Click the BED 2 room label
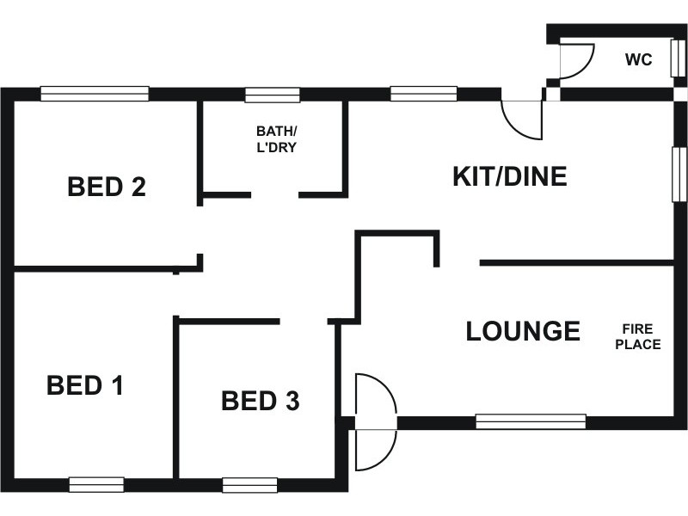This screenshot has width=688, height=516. point(107,187)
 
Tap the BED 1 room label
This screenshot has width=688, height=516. point(85,385)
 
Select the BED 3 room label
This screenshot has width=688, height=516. point(261,401)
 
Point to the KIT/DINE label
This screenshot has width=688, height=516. point(510,176)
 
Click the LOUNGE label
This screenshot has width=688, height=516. point(523,331)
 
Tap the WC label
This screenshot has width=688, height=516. point(639,59)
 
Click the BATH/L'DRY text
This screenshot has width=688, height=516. point(276,139)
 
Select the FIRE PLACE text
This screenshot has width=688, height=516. point(638,336)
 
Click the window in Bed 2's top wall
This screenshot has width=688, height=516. point(95,94)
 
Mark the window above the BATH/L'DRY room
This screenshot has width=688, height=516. point(273,95)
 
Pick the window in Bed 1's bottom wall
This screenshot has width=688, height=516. point(96,485)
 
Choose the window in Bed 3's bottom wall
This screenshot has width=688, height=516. point(249,485)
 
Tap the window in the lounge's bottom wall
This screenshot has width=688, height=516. point(531,421)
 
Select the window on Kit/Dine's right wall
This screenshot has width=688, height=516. point(679,175)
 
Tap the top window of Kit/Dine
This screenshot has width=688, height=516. point(424,94)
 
